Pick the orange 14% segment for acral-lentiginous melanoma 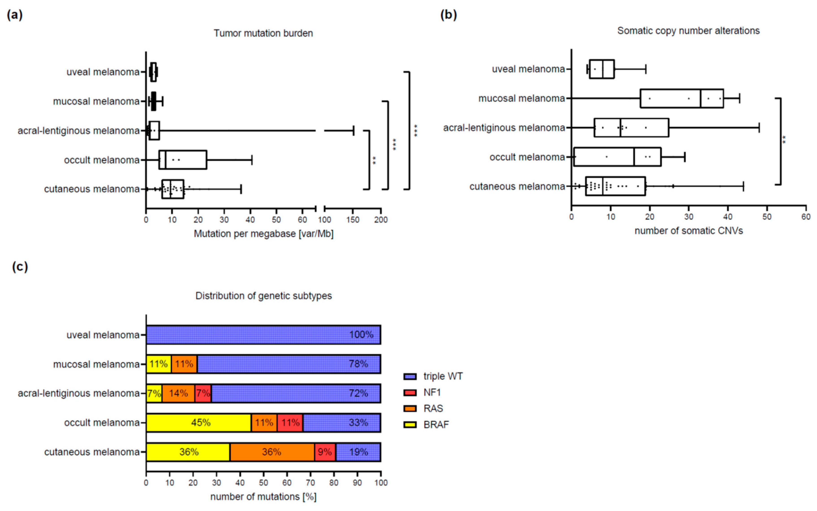coord(178,393)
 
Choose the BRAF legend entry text coord(436,425)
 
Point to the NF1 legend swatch coord(410,393)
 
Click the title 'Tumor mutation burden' coord(263,33)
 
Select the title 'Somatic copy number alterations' coord(688,31)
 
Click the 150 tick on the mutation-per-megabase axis coord(353,220)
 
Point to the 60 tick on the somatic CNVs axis coord(806,217)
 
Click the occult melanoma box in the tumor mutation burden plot coord(183,160)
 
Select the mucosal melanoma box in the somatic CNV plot coord(682,98)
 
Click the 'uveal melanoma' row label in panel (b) coord(528,69)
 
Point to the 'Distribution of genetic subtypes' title coord(263,296)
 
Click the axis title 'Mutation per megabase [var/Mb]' coord(263,234)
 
